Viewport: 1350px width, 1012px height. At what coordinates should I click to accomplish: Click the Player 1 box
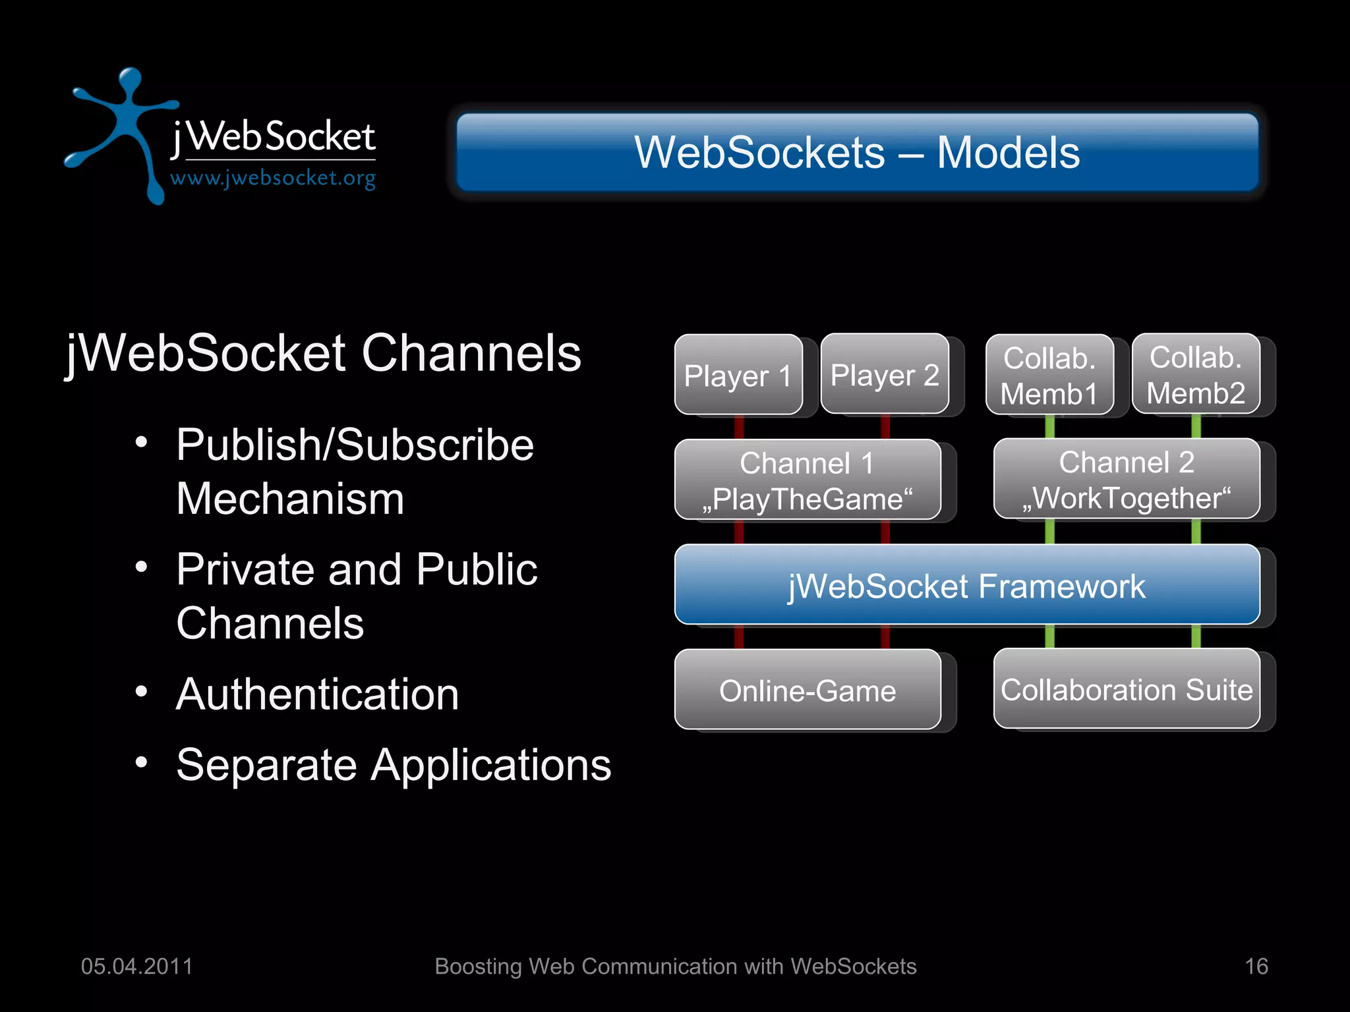click(x=738, y=375)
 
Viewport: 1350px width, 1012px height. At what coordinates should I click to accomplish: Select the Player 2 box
click(x=885, y=374)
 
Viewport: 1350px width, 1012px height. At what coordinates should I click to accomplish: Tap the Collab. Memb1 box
click(x=1049, y=375)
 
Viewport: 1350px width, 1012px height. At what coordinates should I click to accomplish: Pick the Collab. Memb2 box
click(x=1196, y=374)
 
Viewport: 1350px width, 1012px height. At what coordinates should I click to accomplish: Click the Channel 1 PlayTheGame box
click(x=807, y=480)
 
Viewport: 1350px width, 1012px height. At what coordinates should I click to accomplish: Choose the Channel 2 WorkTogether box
click(x=1127, y=479)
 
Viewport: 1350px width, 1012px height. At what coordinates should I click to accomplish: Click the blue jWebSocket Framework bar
click(x=967, y=585)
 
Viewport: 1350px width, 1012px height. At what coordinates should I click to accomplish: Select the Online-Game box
click(x=807, y=690)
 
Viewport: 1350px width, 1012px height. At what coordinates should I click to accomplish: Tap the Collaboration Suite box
click(x=1127, y=689)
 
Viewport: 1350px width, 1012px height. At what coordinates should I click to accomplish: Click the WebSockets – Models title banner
click(x=857, y=152)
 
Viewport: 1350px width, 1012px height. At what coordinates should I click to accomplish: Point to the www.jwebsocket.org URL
click(x=273, y=178)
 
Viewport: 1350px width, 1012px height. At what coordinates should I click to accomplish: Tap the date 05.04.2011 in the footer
click(x=136, y=966)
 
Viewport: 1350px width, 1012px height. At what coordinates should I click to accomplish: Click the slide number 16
click(x=1256, y=966)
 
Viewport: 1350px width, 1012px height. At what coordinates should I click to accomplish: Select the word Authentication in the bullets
click(x=317, y=694)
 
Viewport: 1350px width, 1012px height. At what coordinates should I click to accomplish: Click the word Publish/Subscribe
click(x=355, y=445)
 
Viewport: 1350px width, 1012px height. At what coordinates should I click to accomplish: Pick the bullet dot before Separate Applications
click(x=141, y=763)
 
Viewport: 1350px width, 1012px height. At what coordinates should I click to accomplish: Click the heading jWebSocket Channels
click(x=323, y=354)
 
